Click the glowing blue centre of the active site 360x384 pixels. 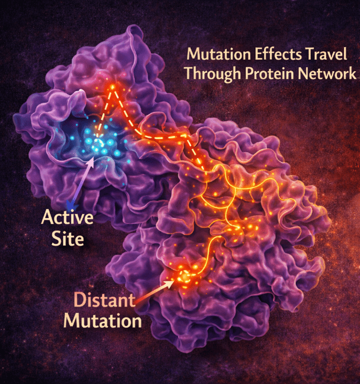coord(98,142)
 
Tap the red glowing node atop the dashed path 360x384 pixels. coord(112,88)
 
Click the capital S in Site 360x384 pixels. coord(53,237)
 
